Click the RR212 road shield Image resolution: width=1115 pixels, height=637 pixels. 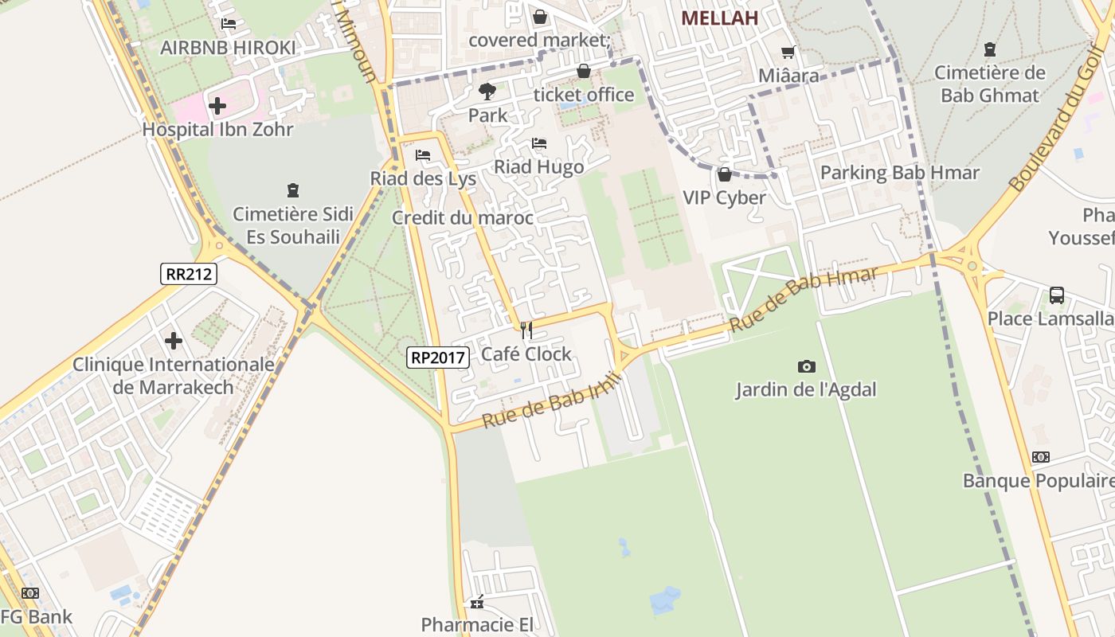189,274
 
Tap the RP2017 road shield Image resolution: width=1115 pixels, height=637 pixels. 437,358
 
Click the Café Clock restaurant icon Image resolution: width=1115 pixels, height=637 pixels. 526,330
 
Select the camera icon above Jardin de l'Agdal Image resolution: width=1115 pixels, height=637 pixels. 806,366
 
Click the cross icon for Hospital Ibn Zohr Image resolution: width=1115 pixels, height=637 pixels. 217,105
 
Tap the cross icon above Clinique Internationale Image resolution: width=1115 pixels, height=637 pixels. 174,341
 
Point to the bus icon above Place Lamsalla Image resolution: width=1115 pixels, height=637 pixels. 1056,295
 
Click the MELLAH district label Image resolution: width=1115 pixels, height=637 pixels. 719,18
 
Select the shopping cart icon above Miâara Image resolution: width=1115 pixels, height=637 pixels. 788,53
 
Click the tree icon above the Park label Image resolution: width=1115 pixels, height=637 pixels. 487,92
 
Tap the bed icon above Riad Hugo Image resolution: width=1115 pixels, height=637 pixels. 539,143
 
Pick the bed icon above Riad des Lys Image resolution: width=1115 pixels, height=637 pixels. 423,154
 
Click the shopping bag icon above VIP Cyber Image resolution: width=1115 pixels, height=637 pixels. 724,174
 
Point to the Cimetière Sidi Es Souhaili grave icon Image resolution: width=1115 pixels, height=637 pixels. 293,190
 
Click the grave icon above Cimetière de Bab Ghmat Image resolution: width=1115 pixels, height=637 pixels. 989,49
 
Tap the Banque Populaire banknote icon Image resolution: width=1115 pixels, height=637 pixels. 1040,457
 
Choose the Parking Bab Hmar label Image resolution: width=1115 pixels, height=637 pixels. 899,172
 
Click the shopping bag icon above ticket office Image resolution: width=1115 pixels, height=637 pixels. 583,72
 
